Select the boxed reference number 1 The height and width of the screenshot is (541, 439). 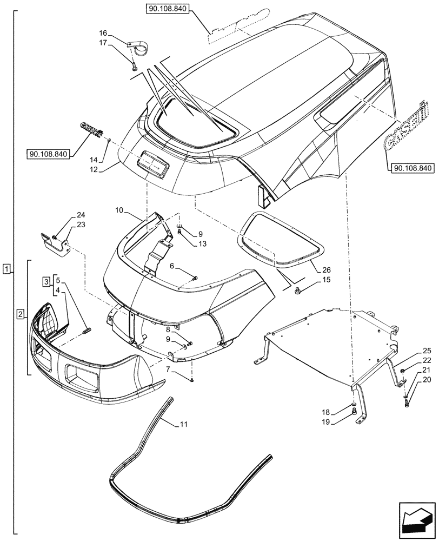point(6,268)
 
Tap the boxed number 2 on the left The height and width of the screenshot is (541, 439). point(20,314)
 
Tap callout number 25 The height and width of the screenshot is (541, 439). point(411,351)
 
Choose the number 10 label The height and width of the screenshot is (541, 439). point(119,209)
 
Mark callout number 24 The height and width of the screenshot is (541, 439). point(81,215)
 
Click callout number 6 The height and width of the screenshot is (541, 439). point(171,267)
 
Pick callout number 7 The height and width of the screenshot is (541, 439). point(169,369)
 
